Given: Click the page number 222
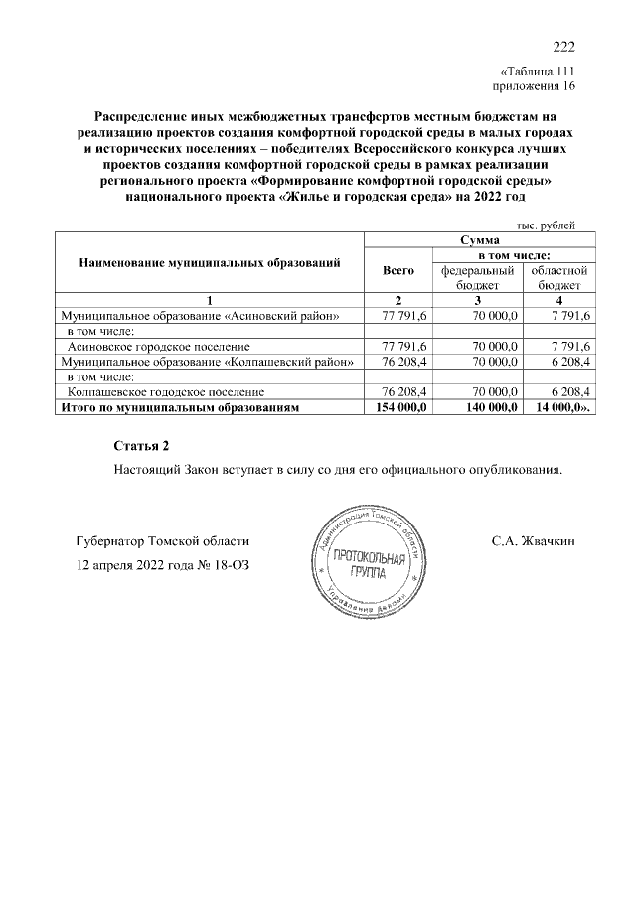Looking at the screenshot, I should coord(563,47).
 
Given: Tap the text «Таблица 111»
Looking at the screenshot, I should coord(537,71).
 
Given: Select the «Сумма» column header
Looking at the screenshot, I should coord(479,240).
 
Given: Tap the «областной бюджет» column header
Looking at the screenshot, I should coord(559,277).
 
